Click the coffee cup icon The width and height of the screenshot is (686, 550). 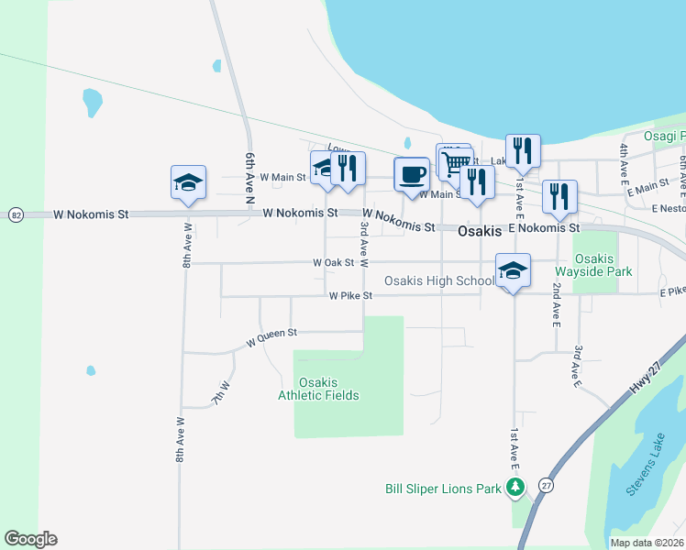click(x=412, y=173)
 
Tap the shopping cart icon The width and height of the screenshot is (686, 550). click(x=456, y=163)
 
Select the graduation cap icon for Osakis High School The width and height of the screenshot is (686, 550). click(x=513, y=269)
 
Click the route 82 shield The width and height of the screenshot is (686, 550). click(x=16, y=214)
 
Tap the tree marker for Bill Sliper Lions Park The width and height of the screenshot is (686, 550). click(x=515, y=487)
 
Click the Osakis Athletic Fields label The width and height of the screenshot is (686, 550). click(x=318, y=389)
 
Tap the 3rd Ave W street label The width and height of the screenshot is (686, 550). click(x=364, y=243)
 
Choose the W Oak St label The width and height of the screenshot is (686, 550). click(x=333, y=262)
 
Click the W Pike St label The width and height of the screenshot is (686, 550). click(x=350, y=296)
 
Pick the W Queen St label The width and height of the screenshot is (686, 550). click(x=271, y=340)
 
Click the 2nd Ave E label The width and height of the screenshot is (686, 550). click(x=556, y=303)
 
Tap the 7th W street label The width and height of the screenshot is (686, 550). click(x=220, y=394)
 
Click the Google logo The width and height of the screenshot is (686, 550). click(x=30, y=539)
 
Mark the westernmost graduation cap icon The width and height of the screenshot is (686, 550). click(x=188, y=182)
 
